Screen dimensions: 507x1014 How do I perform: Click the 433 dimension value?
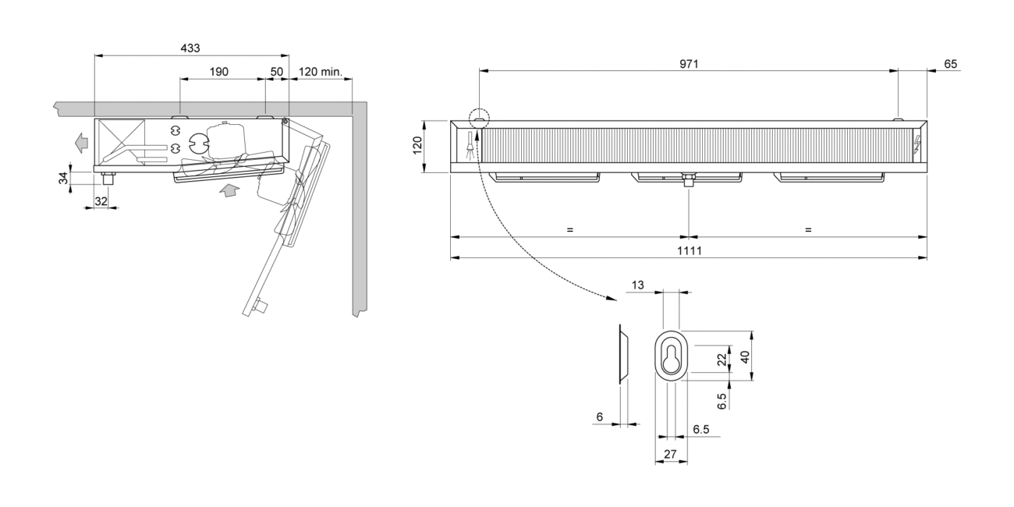(190, 48)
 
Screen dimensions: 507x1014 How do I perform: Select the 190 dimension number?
(218, 72)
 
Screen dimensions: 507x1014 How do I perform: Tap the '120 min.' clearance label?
(321, 72)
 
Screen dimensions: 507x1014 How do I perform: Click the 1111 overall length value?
(688, 250)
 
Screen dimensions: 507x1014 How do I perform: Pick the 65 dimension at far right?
(950, 64)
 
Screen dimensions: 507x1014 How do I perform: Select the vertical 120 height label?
(417, 145)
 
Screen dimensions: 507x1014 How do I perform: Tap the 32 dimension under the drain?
(101, 200)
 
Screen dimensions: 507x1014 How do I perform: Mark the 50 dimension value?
(277, 72)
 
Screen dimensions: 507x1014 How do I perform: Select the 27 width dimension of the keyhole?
(671, 452)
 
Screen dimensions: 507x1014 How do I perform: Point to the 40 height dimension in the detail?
(745, 356)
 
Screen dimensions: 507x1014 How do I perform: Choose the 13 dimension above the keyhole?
(638, 285)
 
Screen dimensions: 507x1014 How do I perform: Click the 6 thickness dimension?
(599, 417)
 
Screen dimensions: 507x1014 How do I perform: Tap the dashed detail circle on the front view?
(479, 119)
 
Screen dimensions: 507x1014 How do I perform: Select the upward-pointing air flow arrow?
(227, 190)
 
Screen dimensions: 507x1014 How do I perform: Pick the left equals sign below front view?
(569, 229)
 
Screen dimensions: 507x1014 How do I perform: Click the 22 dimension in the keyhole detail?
(721, 358)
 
